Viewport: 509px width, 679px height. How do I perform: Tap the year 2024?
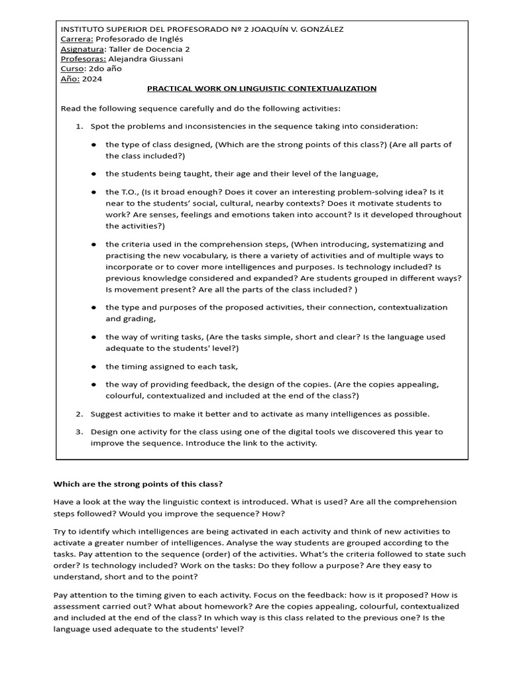93,79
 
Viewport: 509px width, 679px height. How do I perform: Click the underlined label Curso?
72,69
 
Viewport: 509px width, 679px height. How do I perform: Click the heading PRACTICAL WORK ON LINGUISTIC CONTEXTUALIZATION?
261,89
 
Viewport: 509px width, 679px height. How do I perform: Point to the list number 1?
78,126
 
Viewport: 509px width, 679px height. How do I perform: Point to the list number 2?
78,414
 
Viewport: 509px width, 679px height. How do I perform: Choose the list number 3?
78,432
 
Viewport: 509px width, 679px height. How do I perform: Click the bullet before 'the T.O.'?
95,192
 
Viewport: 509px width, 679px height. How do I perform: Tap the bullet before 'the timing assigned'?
95,367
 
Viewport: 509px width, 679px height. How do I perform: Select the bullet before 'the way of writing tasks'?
95,338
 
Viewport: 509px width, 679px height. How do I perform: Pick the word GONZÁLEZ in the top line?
318,29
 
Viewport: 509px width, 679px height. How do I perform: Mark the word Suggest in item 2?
106,414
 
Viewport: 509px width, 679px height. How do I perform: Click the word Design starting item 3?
104,432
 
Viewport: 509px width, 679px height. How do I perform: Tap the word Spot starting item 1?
99,126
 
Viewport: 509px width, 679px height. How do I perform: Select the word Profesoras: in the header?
83,59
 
